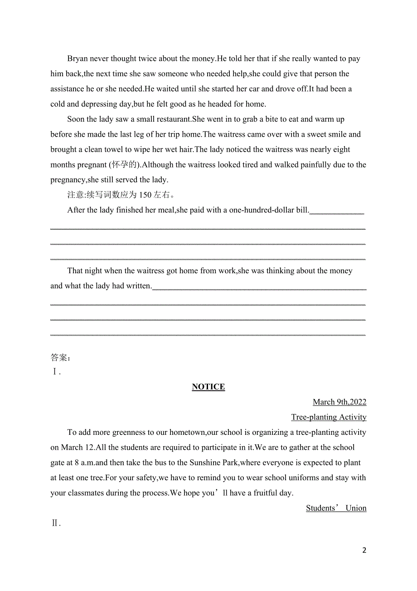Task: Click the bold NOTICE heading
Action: click(x=208, y=387)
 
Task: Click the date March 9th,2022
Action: click(x=339, y=402)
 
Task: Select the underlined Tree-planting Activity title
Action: click(x=329, y=417)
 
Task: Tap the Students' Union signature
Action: click(x=336, y=508)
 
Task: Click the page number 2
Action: click(x=364, y=550)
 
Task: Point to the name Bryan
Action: click(x=78, y=59)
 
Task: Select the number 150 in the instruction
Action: click(x=145, y=195)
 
